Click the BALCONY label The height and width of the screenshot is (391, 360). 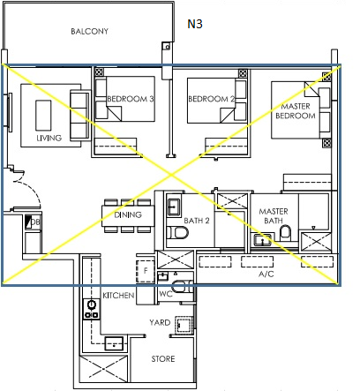coord(89,32)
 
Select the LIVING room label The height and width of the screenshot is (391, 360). coord(49,138)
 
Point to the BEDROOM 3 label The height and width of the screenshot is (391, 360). coord(130,100)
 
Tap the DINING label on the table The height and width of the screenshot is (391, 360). coord(128,214)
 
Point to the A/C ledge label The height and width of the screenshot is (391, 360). coord(266,274)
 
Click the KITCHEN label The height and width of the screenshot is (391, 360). coord(118,296)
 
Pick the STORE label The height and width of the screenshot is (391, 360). coord(161,359)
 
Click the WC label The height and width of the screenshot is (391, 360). coord(164,294)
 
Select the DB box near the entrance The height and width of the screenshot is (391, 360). coord(34,223)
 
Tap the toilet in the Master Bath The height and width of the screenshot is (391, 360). coord(285,233)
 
